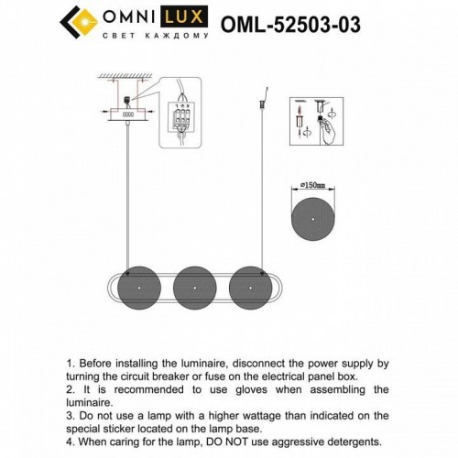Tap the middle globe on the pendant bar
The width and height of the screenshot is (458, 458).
click(x=194, y=288)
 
